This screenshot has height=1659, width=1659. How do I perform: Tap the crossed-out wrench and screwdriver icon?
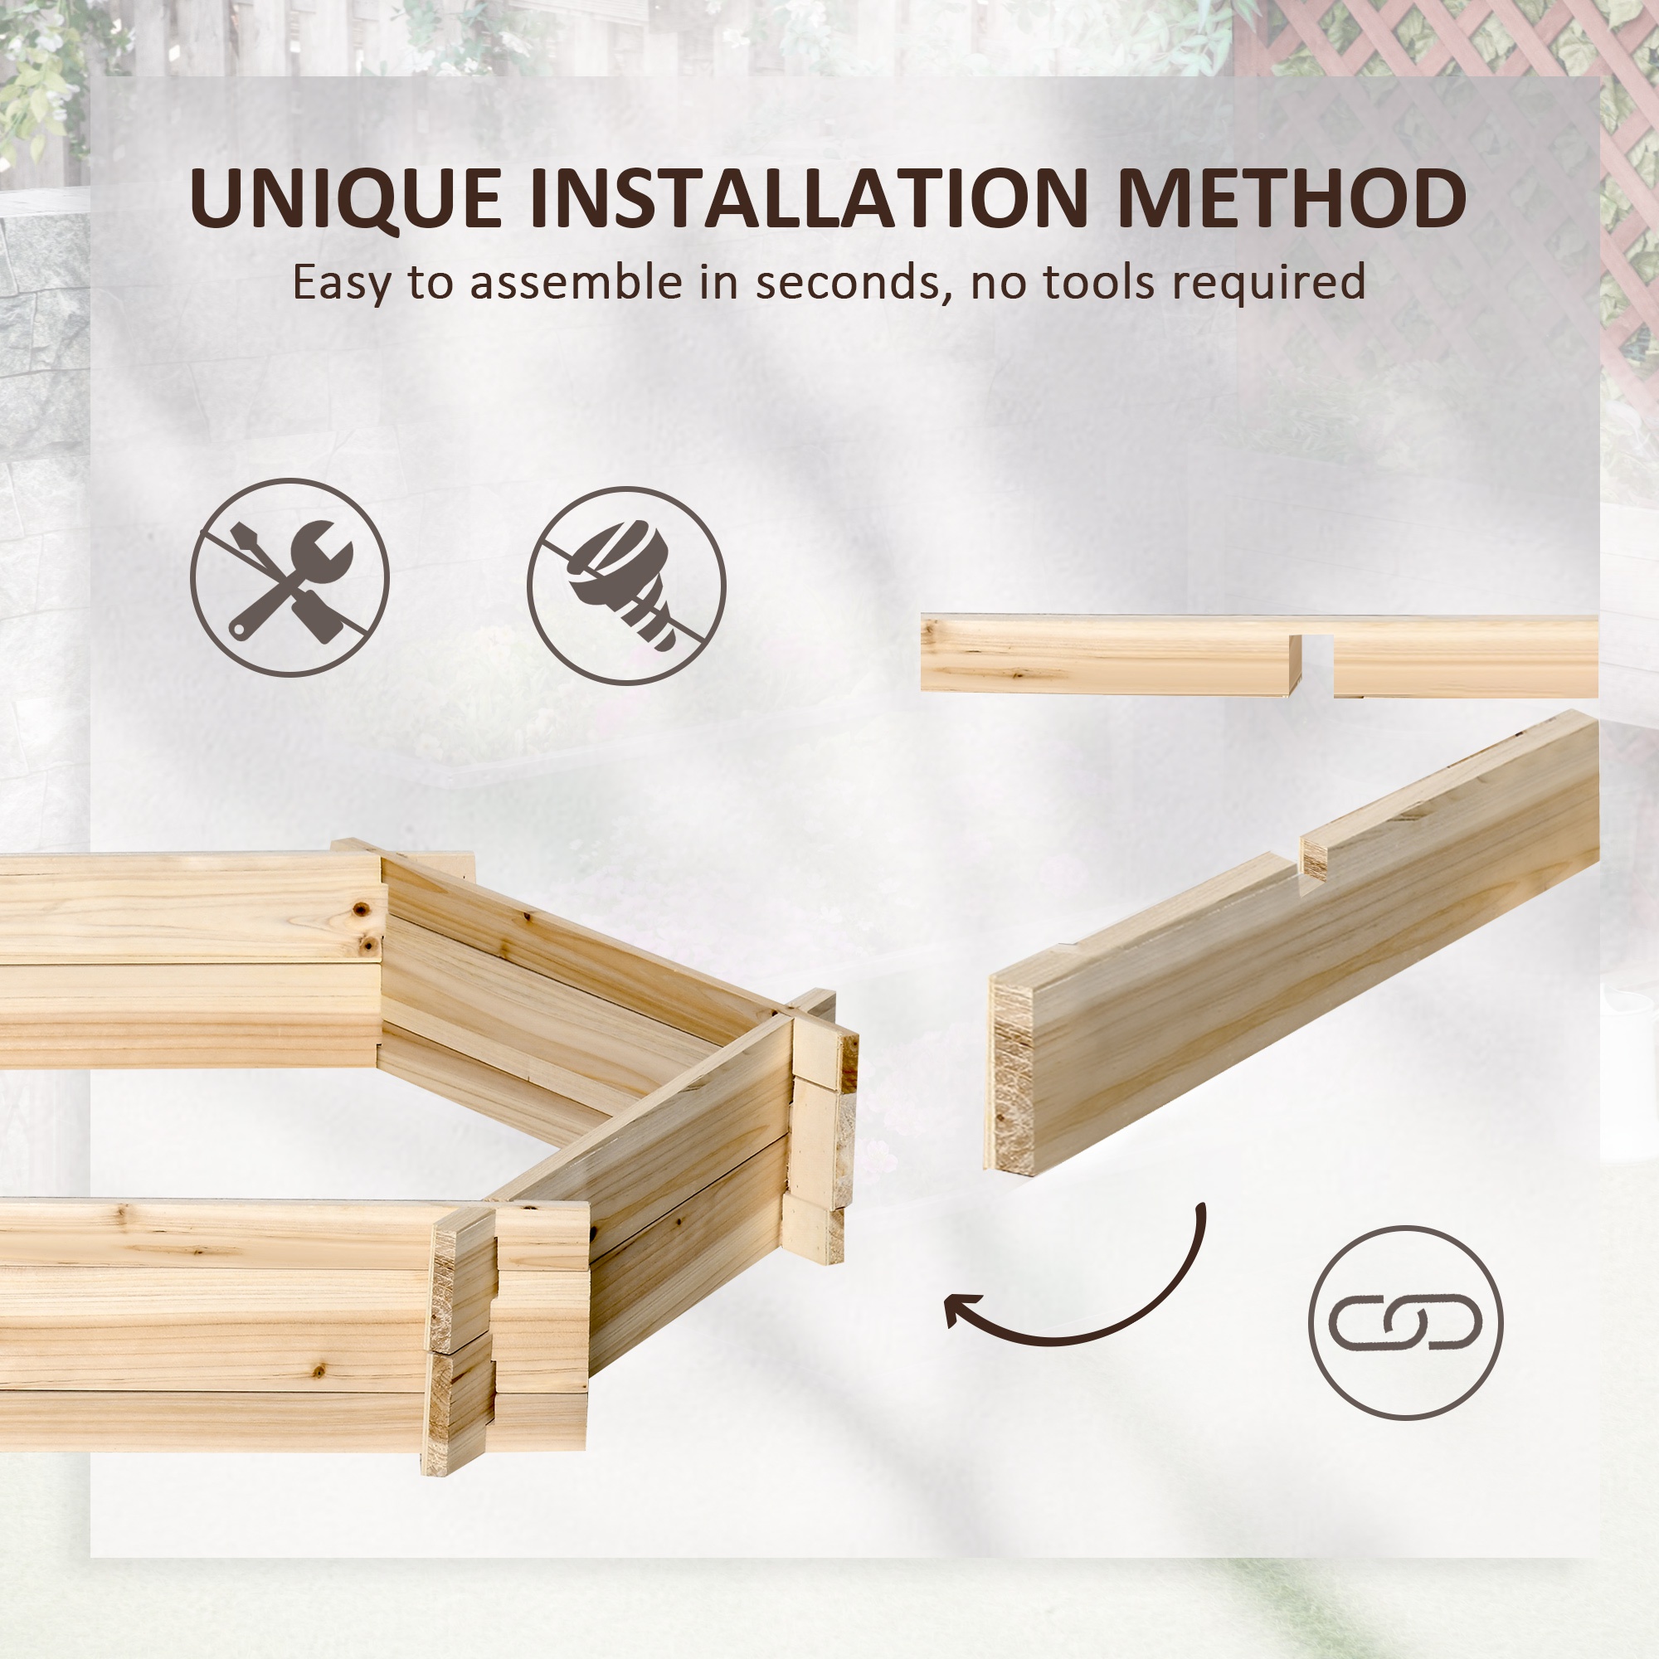pyautogui.click(x=289, y=578)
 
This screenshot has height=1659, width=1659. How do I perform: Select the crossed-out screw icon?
pyautogui.click(x=626, y=586)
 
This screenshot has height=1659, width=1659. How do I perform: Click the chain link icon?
pyautogui.click(x=1405, y=1322)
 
